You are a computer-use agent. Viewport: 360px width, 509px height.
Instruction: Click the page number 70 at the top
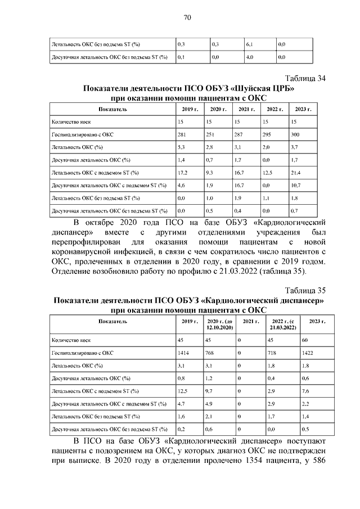click(x=187, y=17)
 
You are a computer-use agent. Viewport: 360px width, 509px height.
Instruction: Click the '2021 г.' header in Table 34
click(x=244, y=109)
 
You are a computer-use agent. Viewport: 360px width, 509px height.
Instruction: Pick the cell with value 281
click(x=182, y=135)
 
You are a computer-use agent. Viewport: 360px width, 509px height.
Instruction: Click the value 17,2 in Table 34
click(x=182, y=172)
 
